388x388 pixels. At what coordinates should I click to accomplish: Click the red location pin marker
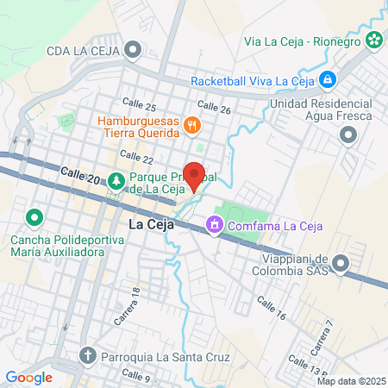[195, 175]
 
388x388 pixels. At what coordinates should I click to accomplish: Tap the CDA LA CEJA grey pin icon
[133, 49]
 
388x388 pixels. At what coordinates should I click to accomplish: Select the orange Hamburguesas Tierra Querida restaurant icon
[193, 127]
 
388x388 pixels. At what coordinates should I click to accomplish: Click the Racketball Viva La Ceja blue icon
[327, 81]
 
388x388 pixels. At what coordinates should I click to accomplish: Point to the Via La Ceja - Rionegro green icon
[373, 39]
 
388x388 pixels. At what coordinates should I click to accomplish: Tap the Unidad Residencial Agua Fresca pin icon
[348, 135]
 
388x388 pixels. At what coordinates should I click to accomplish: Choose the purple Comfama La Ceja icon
[212, 226]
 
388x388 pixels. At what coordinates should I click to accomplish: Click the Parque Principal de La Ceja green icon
[116, 180]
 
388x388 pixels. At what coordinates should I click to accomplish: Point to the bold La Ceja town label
[151, 224]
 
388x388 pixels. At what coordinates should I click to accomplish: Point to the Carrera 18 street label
[126, 307]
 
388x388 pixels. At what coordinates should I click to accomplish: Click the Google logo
[28, 377]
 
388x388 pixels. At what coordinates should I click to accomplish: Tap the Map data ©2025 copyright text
[350, 381]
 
